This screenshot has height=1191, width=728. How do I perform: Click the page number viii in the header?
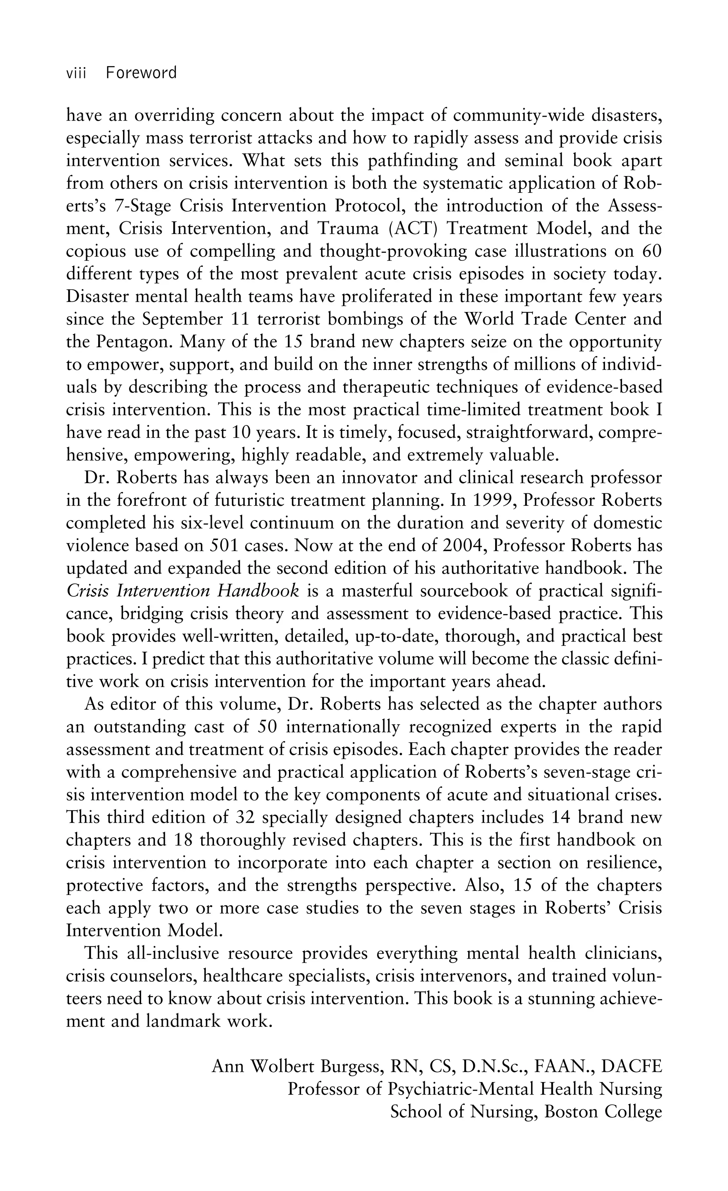click(x=76, y=73)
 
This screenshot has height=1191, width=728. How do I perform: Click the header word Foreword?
click(x=141, y=73)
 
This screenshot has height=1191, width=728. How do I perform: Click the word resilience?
click(x=623, y=863)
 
